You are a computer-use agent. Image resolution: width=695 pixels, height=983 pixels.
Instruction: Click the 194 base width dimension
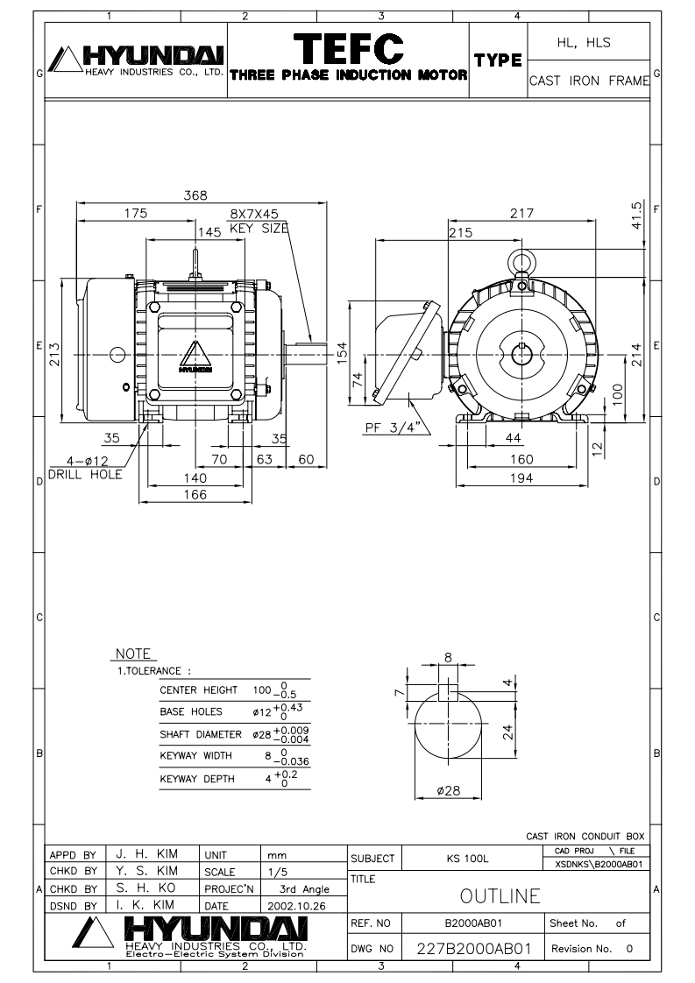[521, 477]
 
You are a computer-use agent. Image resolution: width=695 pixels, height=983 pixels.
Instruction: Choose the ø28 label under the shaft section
[449, 791]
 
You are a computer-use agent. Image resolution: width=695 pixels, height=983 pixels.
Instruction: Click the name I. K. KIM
[144, 903]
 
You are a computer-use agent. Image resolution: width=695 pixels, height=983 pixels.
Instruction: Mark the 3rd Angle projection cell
[298, 889]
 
